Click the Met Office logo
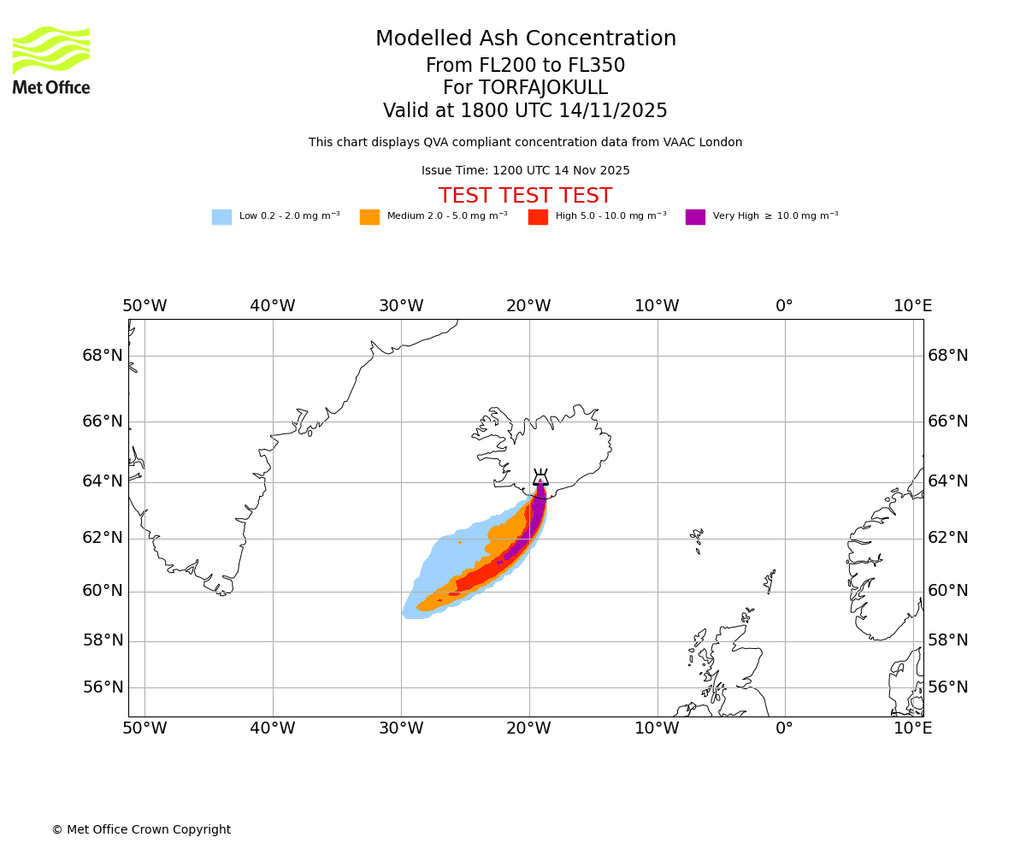[x=51, y=60]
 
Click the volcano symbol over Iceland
[x=540, y=477]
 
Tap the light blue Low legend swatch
[x=221, y=217]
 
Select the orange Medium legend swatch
[x=369, y=217]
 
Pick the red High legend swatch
[x=538, y=217]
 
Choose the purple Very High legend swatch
[x=695, y=217]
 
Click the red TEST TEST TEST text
[x=525, y=196]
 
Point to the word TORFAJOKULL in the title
[x=543, y=88]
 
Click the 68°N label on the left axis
[x=103, y=355]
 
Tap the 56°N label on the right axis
[x=948, y=687]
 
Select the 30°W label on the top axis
[x=401, y=306]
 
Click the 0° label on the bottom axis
[x=784, y=728]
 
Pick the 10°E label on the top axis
[x=913, y=306]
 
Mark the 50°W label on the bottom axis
[x=144, y=728]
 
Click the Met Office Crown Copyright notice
[x=141, y=829]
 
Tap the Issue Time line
[x=525, y=170]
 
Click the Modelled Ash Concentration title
[x=525, y=38]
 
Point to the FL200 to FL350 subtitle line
[x=525, y=66]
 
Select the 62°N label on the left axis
[x=103, y=538]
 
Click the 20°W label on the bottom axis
[x=528, y=728]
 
